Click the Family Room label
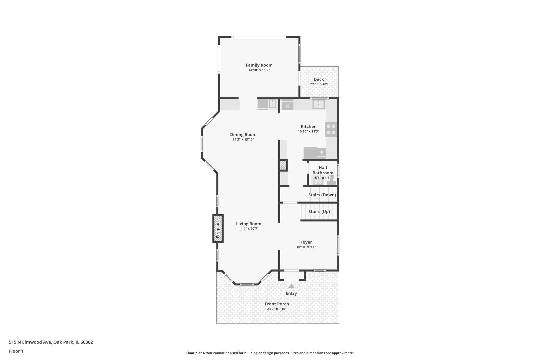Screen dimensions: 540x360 pos(259,65)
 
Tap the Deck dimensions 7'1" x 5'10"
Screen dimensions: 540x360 pos(319,84)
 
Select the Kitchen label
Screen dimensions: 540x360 pos(309,126)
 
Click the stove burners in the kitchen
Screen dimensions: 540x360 pos(331,129)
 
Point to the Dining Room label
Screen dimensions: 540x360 pos(243,135)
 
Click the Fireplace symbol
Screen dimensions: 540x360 pos(218,229)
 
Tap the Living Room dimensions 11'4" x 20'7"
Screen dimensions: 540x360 pos(249,229)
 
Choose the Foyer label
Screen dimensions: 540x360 pos(306,242)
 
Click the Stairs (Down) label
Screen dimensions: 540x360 pos(322,195)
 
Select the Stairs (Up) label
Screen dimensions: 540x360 pos(319,211)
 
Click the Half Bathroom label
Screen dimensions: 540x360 pos(323,170)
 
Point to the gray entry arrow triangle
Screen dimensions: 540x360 pos(291,286)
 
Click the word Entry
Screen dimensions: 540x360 pos(291,293)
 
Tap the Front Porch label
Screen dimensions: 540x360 pos(277,304)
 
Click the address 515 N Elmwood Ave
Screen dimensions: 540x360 pos(30,342)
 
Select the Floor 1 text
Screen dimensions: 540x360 pos(16,351)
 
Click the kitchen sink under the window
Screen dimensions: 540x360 pos(318,104)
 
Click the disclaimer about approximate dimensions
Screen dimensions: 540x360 pos(270,353)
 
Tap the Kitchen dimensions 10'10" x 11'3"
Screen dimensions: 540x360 pos(309,131)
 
